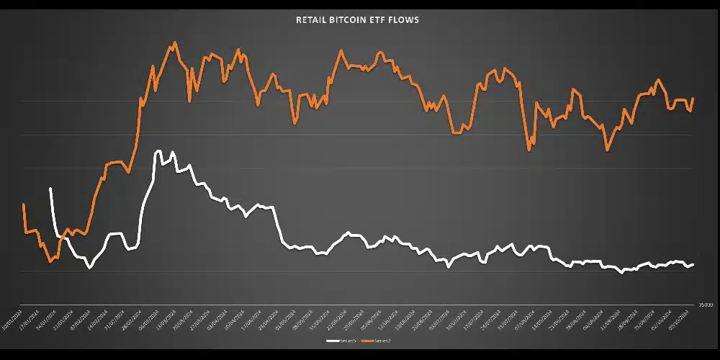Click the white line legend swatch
pos(332,339)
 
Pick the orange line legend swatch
pos(365,339)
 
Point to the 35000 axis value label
pos(703,305)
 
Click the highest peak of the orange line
pos(174,42)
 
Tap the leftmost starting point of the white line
pos(50,189)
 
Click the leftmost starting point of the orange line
pos(24,204)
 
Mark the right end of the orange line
pos(693,98)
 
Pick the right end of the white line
pos(693,264)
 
